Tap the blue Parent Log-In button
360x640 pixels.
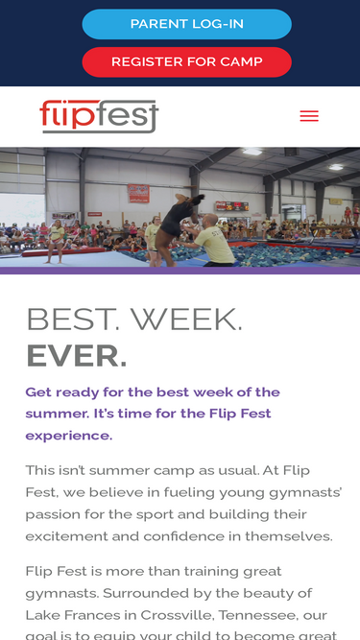pos(187,24)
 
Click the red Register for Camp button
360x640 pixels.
pos(187,62)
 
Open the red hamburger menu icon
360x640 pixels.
pos(309,116)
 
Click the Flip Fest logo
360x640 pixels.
pos(99,116)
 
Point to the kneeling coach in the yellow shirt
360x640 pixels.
pos(212,241)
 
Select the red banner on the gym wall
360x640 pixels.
pos(139,193)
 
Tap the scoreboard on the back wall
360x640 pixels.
pos(231,206)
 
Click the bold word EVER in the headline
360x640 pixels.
pos(77,356)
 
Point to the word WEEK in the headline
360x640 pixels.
pos(186,320)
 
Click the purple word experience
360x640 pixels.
pos(68,436)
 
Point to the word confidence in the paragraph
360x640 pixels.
pos(183,536)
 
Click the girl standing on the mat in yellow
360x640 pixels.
pos(56,241)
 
